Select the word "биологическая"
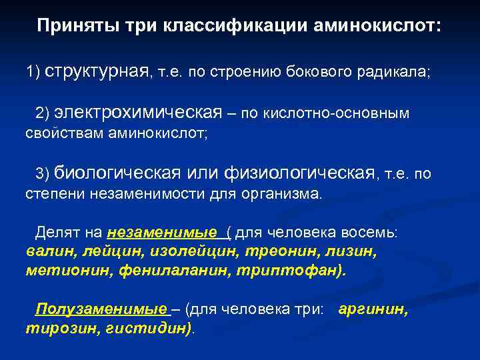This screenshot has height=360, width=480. pyautogui.click(x=117, y=173)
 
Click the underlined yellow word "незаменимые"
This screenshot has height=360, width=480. pyautogui.click(x=161, y=233)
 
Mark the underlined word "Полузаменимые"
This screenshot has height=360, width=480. pyautogui.click(x=101, y=310)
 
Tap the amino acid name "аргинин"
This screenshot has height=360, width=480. pyautogui.click(x=373, y=310)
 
